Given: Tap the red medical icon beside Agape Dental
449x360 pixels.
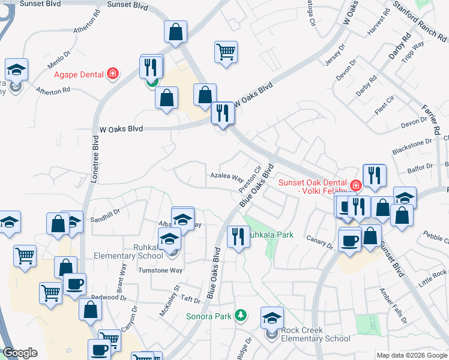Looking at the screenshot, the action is [112, 74].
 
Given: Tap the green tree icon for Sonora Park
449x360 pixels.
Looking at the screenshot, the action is [241, 315].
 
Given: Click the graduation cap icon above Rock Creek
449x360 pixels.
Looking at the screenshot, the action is [272, 317].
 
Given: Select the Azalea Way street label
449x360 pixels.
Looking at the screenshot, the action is [227, 178].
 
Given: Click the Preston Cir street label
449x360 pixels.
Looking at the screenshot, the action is [249, 178].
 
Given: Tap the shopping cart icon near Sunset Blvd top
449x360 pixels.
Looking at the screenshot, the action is [226, 52].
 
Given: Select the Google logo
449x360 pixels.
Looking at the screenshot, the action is [20, 353].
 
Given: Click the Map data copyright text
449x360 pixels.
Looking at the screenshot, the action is [411, 355].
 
